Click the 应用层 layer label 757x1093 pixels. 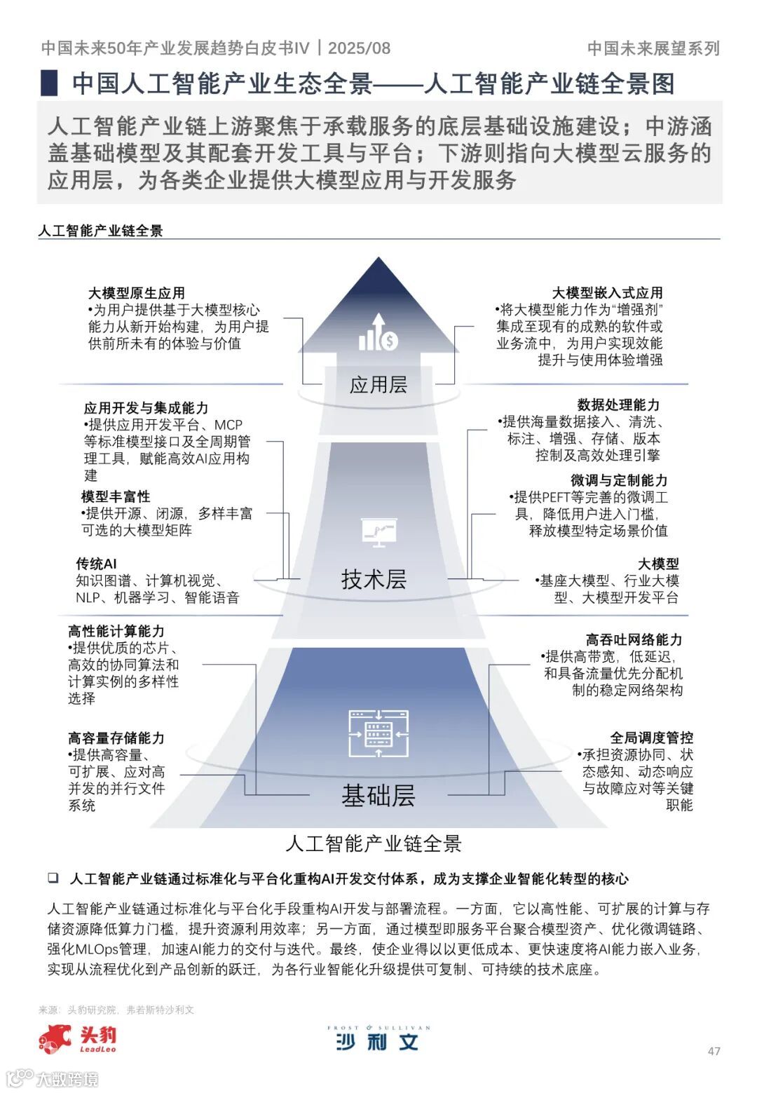pos(378,384)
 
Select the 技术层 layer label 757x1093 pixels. pos(374,579)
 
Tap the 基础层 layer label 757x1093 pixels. pos(378,795)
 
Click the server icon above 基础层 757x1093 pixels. pos(378,733)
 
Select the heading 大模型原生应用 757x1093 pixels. pos(137,293)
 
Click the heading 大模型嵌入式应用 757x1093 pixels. pos(607,293)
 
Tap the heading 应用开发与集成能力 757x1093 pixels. pos(146,408)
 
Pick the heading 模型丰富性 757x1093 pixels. pos(116,496)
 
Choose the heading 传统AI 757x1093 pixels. pos(96,564)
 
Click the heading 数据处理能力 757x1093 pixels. pos(618,405)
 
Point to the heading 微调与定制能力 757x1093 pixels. pos(618,480)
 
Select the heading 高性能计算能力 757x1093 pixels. pos(116,631)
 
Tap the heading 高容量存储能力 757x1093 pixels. pos(116,738)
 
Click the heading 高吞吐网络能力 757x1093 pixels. pos(634,639)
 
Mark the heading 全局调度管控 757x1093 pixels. pos(651,738)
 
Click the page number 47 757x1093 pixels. pos(714,1051)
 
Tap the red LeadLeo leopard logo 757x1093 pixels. pos(55,1038)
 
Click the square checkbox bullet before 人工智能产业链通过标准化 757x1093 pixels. pos(53,878)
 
